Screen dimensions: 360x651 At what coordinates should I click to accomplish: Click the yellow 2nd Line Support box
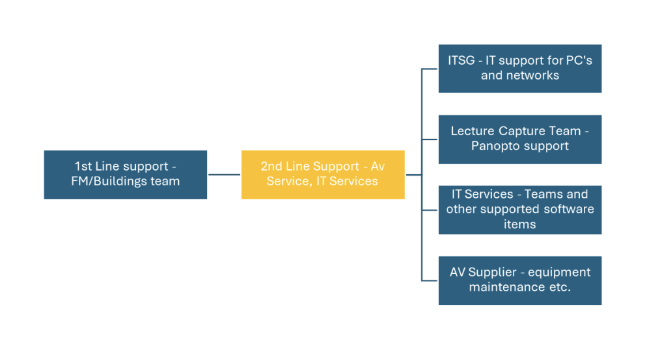[322, 174]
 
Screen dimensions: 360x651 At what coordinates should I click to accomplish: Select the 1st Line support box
[125, 174]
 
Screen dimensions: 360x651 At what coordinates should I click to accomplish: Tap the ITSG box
[520, 68]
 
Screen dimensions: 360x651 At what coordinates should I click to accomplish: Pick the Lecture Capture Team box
[520, 139]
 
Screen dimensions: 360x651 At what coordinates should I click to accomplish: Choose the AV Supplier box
[520, 280]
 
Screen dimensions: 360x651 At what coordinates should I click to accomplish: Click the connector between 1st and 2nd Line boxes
[224, 175]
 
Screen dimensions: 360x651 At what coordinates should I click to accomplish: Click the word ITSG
[461, 61]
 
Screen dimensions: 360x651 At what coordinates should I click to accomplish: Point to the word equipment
[559, 272]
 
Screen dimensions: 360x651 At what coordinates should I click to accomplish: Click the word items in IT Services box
[520, 224]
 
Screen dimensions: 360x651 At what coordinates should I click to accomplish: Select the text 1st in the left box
[83, 167]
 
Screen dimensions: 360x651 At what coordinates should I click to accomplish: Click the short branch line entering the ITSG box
[429, 69]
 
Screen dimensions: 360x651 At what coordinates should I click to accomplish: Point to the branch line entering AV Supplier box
[429, 280]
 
